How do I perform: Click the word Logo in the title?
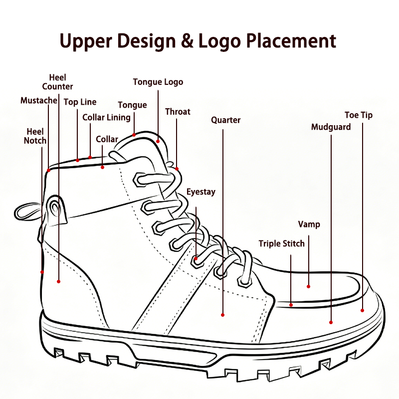[219, 41]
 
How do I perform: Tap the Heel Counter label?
[57, 82]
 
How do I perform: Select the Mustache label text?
[39, 101]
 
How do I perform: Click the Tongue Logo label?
[158, 82]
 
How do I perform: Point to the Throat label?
[178, 112]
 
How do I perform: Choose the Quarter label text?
[226, 120]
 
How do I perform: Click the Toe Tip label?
[359, 115]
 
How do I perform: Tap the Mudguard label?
[331, 127]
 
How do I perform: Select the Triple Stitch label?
[282, 244]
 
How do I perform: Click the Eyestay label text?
[201, 192]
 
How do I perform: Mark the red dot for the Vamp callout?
[308, 286]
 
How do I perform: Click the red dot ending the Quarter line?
[222, 315]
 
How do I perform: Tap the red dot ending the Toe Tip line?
[363, 310]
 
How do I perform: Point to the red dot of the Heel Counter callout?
[58, 281]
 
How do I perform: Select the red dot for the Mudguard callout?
[331, 322]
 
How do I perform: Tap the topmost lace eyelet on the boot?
[139, 180]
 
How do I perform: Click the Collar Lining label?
[106, 118]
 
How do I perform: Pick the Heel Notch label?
[35, 136]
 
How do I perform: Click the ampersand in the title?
[187, 41]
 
